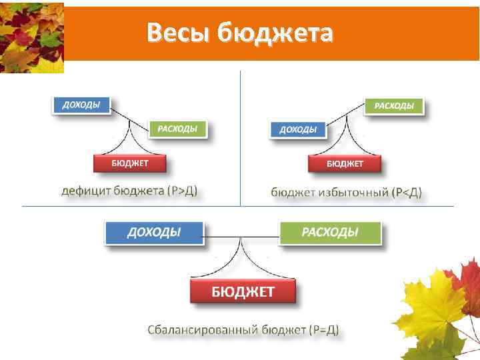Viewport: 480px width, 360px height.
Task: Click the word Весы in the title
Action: point(175,31)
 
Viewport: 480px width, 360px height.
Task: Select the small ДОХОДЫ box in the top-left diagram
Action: point(81,105)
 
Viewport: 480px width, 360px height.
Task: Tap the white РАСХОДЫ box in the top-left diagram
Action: point(177,129)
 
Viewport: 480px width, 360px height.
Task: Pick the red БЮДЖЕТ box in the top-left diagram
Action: point(129,163)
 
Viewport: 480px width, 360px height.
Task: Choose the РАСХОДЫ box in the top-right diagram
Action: point(393,106)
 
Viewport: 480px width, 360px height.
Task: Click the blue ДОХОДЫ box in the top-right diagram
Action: point(298,129)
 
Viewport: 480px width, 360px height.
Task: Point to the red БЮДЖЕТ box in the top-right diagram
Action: point(345,163)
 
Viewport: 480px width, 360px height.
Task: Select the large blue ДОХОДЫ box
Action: point(154,232)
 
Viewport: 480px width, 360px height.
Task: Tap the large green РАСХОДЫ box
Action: point(330,232)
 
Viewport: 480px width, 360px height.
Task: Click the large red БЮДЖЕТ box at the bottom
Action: point(243,291)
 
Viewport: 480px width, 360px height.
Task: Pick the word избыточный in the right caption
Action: point(354,193)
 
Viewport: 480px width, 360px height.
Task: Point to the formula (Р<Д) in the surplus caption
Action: point(406,193)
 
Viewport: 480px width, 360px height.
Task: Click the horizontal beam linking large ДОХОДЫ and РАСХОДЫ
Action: point(241,237)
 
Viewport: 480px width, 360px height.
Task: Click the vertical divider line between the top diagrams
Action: point(240,133)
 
